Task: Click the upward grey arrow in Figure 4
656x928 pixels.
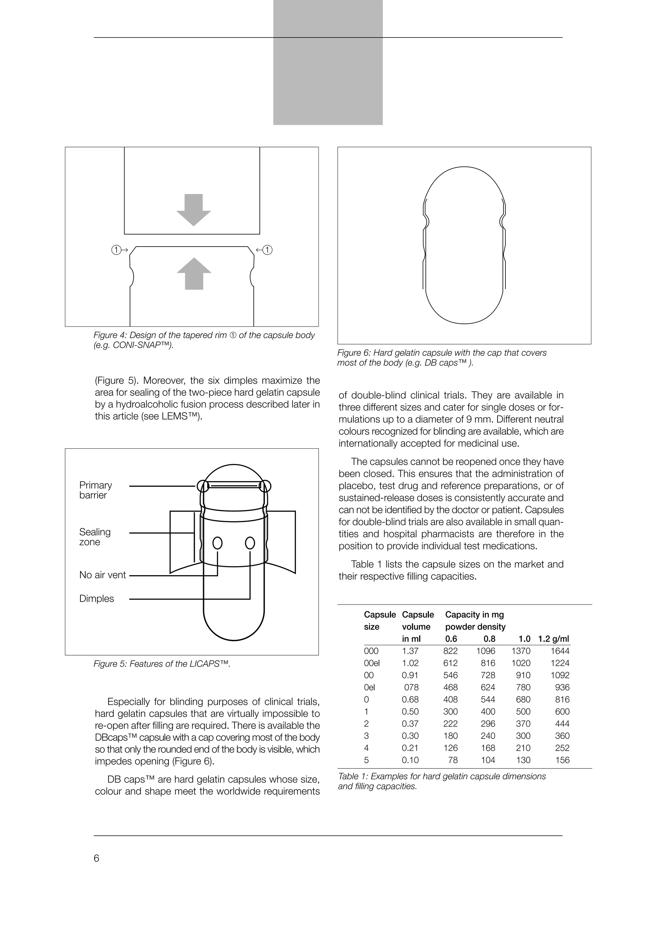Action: click(194, 274)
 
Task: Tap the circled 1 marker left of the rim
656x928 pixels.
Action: click(116, 250)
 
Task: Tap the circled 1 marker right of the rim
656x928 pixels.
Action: click(267, 250)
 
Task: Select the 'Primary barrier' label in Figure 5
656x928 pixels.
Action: click(95, 490)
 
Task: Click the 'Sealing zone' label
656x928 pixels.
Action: click(94, 537)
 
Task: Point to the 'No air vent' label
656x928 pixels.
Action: click(103, 575)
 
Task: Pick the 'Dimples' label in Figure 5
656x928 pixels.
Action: click(97, 598)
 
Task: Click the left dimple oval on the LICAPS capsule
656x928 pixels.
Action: click(217, 543)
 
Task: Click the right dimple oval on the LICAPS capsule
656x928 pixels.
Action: click(250, 543)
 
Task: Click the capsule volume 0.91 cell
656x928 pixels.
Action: click(410, 675)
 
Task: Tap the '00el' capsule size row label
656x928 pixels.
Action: click(372, 663)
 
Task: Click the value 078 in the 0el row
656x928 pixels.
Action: click(412, 687)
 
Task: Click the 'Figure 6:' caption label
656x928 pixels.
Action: click(354, 353)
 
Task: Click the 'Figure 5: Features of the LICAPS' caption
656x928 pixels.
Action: click(162, 664)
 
